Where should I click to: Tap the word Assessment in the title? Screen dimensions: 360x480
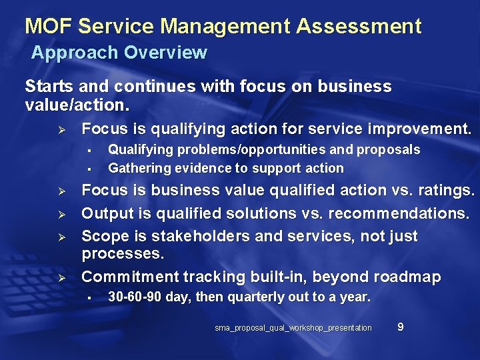359,27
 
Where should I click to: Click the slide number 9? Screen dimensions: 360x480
400,327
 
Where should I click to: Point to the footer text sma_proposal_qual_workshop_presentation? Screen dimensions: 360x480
293,328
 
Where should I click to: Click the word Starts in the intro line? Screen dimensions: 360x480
49,87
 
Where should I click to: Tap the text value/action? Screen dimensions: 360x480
77,105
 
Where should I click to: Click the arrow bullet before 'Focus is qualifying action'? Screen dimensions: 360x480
59,129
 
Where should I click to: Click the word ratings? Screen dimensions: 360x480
447,191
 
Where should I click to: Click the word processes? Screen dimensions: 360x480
122,254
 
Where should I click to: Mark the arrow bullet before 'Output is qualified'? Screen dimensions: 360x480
59,215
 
